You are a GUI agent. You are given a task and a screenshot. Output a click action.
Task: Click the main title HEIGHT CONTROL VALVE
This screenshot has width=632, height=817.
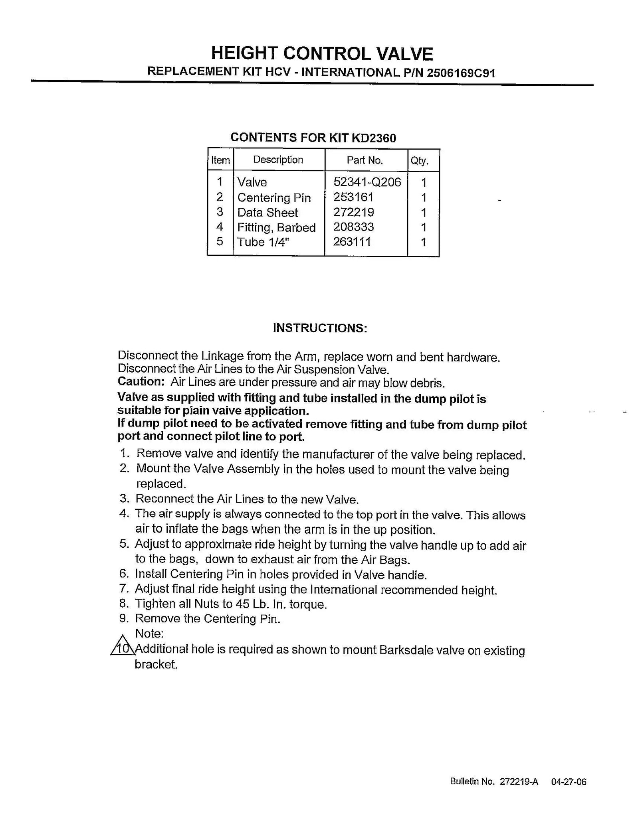(x=322, y=53)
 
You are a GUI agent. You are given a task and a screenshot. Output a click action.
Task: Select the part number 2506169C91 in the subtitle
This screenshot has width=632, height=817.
(x=461, y=73)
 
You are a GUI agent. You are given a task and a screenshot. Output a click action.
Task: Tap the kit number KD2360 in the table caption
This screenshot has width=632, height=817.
(x=374, y=138)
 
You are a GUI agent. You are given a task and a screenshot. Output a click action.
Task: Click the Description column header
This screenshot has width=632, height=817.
(x=278, y=160)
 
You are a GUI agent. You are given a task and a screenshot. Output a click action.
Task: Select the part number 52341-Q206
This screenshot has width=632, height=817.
(x=367, y=182)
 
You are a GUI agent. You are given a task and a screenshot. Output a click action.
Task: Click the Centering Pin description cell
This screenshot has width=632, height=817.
(x=274, y=198)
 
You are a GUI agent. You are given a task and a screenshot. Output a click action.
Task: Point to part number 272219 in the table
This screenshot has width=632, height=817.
(x=354, y=212)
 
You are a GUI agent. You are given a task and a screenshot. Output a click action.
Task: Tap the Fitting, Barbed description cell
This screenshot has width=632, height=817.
(x=276, y=227)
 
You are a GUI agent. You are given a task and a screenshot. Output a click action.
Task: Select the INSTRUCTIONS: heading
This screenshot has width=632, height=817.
(x=320, y=328)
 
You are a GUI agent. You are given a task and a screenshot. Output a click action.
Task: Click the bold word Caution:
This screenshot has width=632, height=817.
(x=141, y=382)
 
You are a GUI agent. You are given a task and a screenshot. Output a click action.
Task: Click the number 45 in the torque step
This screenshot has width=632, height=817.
(x=242, y=604)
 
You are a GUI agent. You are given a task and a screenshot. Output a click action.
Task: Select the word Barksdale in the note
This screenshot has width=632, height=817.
(x=405, y=650)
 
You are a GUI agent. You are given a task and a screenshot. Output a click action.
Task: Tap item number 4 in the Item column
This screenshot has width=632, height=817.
(x=220, y=227)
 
